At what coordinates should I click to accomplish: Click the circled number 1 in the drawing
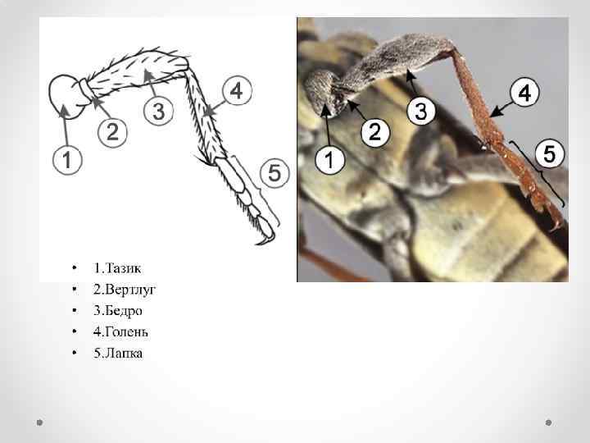click(x=67, y=160)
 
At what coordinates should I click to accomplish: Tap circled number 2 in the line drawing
click(x=112, y=132)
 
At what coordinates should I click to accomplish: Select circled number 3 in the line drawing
click(x=158, y=111)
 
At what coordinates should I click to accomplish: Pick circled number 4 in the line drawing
click(x=237, y=90)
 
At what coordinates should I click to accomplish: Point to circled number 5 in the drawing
click(x=275, y=173)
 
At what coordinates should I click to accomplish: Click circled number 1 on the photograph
click(x=329, y=160)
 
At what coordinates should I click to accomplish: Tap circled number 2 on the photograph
click(x=375, y=132)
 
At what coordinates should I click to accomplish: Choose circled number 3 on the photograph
click(x=421, y=111)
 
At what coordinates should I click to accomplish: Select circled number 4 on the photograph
click(x=524, y=93)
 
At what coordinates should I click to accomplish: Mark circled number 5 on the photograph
click(x=550, y=153)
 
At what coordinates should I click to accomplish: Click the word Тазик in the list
click(x=124, y=268)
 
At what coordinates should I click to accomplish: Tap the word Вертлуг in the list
click(x=130, y=290)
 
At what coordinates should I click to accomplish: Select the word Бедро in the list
click(x=124, y=311)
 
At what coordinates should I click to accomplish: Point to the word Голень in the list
click(x=126, y=332)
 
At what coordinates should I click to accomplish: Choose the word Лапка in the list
click(x=124, y=354)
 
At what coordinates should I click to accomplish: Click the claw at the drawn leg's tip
click(x=266, y=240)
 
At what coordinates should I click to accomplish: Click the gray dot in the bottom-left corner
click(x=39, y=422)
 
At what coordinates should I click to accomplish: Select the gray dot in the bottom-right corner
click(x=548, y=422)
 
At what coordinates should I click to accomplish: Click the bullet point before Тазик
click(x=75, y=267)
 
